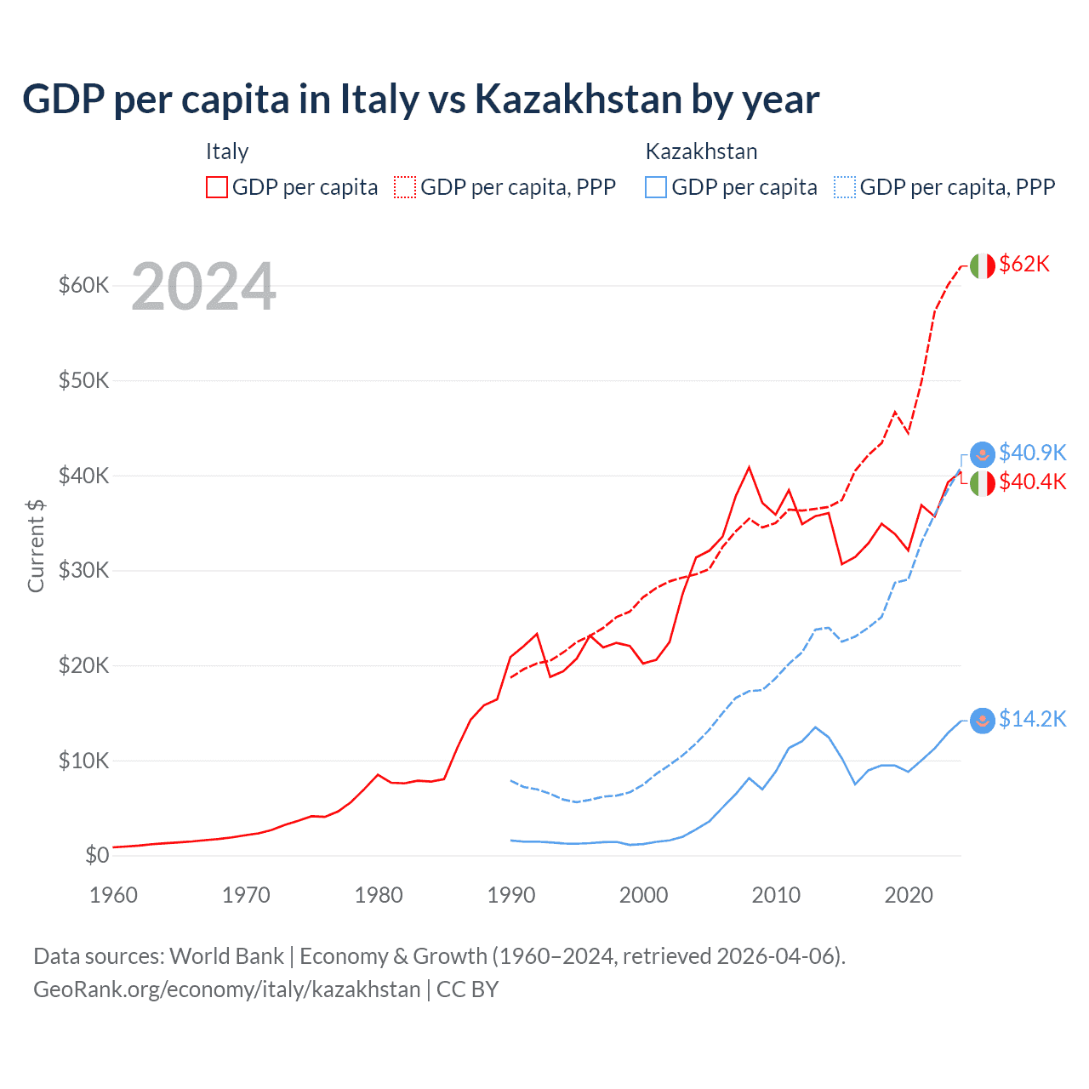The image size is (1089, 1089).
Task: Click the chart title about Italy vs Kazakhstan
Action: click(420, 100)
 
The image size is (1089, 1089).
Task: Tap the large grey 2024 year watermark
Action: click(203, 288)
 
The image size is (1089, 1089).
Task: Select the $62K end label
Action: click(1024, 265)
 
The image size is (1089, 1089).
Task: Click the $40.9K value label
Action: click(1032, 453)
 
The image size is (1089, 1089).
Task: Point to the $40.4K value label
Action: click(1032, 482)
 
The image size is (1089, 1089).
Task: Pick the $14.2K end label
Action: click(1032, 720)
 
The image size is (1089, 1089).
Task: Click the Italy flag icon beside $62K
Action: click(982, 265)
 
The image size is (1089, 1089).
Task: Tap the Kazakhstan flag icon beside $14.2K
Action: click(982, 721)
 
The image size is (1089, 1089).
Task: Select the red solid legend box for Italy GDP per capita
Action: click(217, 187)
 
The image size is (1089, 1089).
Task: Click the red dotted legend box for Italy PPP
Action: click(405, 187)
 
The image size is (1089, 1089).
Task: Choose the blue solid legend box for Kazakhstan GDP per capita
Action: click(656, 187)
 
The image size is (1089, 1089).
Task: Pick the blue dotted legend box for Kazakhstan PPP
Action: click(845, 187)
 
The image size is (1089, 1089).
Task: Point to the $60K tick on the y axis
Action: click(83, 285)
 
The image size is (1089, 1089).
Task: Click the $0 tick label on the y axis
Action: click(97, 855)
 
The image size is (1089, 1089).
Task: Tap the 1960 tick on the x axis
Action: click(113, 895)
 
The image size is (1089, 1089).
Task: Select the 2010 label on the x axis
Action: click(776, 895)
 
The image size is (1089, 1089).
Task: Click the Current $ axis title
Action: click(36, 545)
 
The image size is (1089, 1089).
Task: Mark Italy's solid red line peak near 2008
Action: click(749, 467)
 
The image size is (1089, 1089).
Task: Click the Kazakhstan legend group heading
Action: click(701, 151)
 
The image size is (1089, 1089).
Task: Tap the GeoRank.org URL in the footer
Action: click(226, 989)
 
